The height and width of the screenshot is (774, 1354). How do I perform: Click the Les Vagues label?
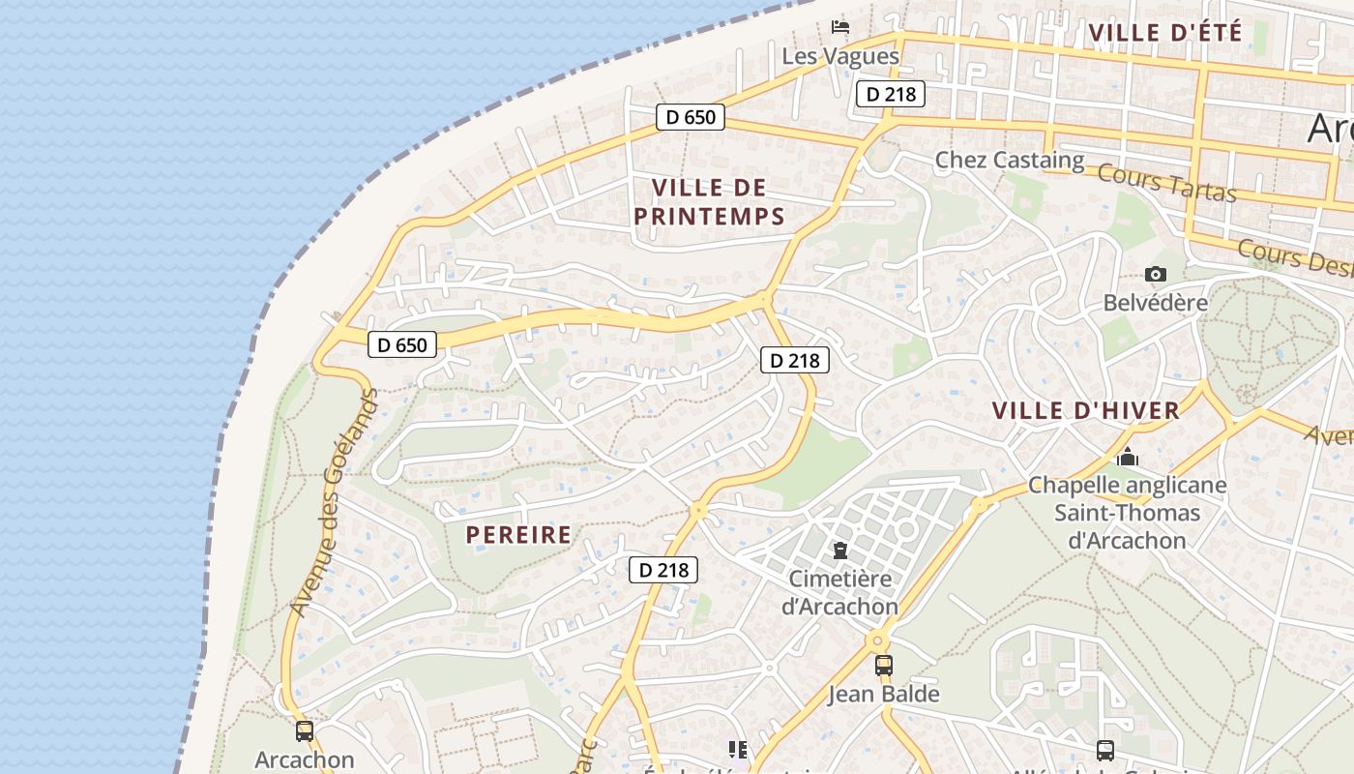coord(839,56)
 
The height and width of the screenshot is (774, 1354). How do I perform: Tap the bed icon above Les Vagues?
coord(840,26)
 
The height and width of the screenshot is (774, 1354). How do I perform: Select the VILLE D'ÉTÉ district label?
coord(1164,32)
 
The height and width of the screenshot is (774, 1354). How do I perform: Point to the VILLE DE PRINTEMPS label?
coord(709,202)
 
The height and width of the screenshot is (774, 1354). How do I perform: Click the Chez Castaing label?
coord(1009,160)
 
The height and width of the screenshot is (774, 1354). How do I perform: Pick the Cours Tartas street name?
coord(1167,183)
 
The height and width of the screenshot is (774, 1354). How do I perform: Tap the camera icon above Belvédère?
coord(1155,275)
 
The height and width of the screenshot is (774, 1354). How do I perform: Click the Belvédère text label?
coord(1155,303)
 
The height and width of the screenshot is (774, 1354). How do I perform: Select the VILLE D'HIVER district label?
coord(1086,410)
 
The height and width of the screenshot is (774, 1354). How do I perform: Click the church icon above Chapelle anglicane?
coord(1127,457)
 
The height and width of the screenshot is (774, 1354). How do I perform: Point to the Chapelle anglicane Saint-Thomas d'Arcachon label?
coord(1127,513)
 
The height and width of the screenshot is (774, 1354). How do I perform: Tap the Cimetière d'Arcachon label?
coord(839,593)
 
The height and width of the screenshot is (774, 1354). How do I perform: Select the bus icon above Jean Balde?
coord(883,666)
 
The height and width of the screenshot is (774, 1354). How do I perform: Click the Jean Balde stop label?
coord(883,694)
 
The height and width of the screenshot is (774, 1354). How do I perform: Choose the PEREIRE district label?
coord(518,535)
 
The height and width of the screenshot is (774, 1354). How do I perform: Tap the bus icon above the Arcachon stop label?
coord(304,731)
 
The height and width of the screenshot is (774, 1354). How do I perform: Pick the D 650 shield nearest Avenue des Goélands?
coord(402,343)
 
